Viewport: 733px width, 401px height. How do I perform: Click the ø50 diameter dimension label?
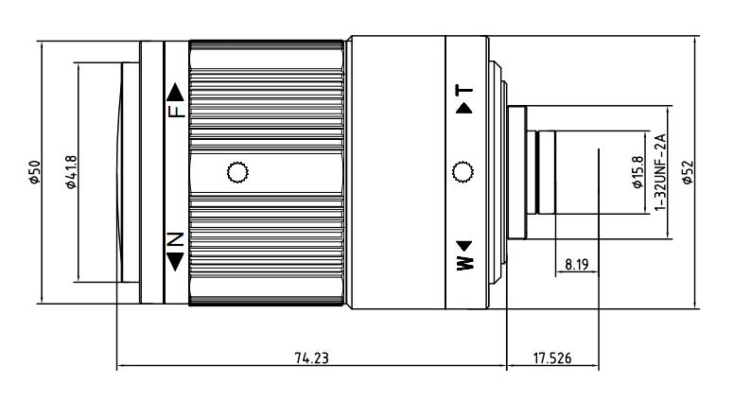pos(35,172)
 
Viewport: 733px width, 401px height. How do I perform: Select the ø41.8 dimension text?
pos(71,172)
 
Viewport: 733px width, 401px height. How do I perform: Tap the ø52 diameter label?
pos(688,172)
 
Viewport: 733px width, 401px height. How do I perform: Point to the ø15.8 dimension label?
pos(637,172)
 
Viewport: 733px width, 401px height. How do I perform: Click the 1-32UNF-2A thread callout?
pos(659,172)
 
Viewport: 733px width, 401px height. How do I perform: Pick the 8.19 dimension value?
pos(576,265)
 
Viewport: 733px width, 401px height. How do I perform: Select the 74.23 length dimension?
pos(311,358)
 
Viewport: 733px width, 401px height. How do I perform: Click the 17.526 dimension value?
pos(552,358)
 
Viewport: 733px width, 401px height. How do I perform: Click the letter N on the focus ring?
pos(176,239)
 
